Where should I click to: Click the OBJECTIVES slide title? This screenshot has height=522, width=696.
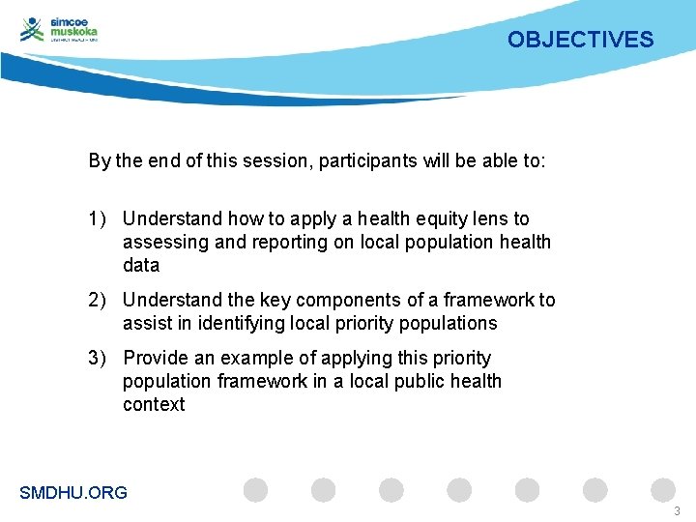(x=580, y=40)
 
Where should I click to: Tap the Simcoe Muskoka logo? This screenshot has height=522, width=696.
(x=60, y=30)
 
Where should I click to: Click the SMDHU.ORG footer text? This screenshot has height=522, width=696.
(x=73, y=493)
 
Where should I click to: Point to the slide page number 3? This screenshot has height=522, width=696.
(x=677, y=510)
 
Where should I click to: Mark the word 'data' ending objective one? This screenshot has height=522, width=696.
(x=141, y=266)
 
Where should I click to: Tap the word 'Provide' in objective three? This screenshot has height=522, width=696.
(x=156, y=359)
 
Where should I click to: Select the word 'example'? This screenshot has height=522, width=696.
(x=253, y=359)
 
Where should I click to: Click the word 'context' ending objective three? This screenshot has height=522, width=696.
(x=154, y=405)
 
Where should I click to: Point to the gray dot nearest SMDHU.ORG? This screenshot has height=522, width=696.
(x=255, y=490)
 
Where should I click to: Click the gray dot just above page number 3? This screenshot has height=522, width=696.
(x=662, y=490)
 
